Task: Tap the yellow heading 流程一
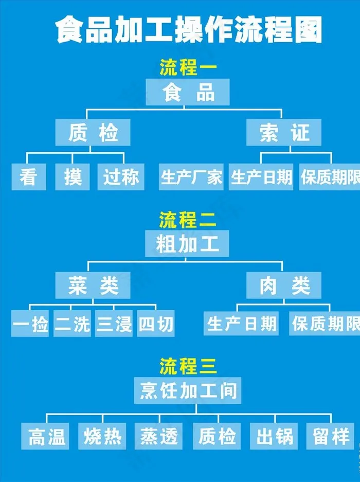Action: pos(188,67)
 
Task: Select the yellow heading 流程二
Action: pos(188,220)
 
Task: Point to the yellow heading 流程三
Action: pos(188,366)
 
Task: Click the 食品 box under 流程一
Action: pos(188,93)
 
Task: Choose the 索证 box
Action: pos(284,133)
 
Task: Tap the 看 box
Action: pos(29,177)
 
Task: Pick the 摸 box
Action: pos(73,177)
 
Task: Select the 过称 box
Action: pos(121,177)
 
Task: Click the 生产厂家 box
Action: pos(191,177)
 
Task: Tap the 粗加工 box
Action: pos(187,244)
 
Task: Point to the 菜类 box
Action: pos(93,286)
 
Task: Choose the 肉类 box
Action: pos(284,286)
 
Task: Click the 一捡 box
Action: pos(30,324)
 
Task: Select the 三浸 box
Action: pos(114,324)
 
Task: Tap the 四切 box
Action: pos(156,324)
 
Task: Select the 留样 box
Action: pos(331,437)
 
